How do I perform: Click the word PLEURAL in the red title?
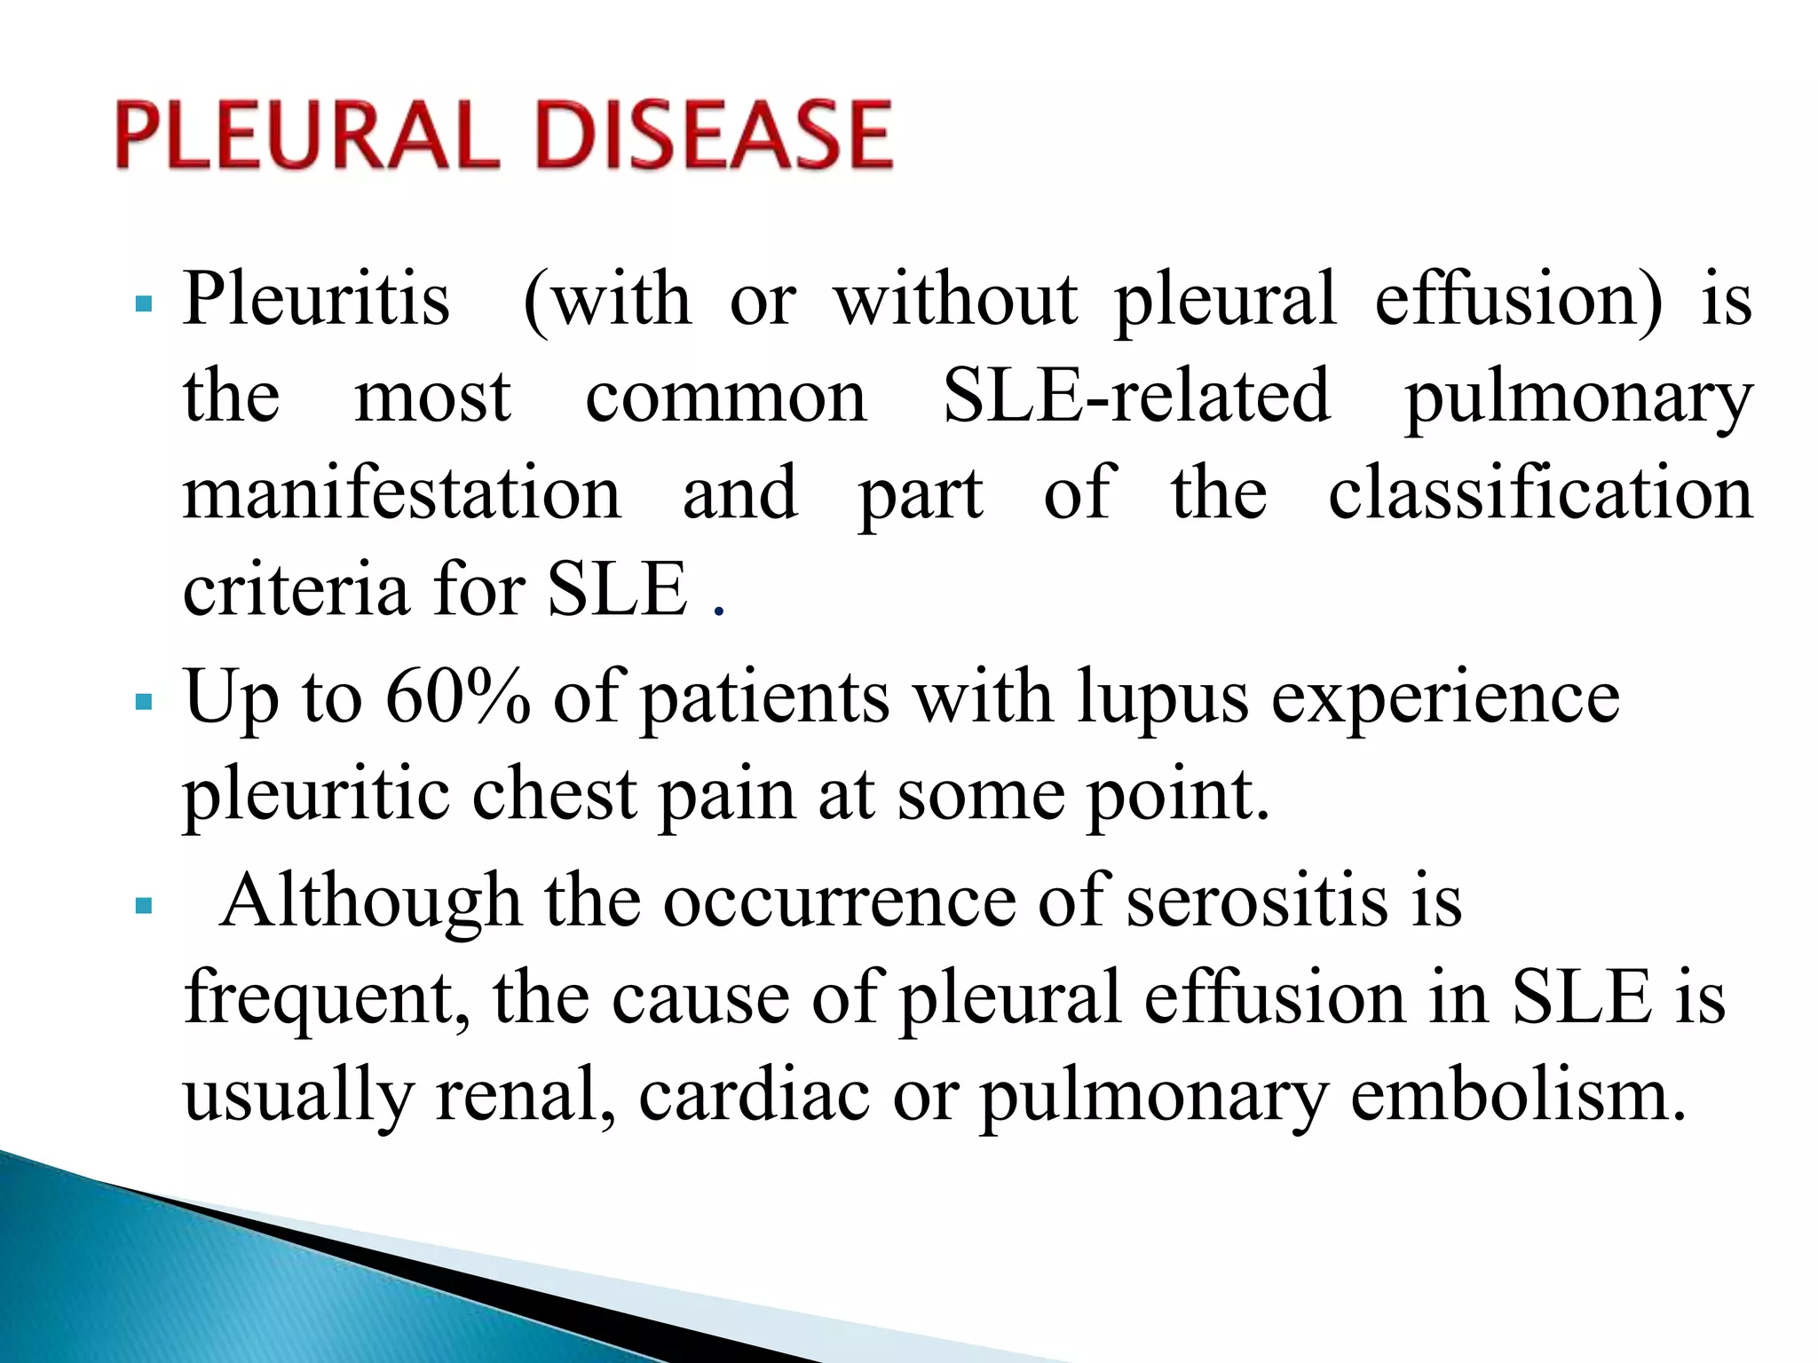[x=307, y=135]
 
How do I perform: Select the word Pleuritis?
[x=316, y=300]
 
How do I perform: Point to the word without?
[x=956, y=300]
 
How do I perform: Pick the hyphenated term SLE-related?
[x=1136, y=396]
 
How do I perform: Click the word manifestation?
[x=402, y=493]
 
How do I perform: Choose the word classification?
[x=1540, y=493]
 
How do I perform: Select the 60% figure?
[x=458, y=697]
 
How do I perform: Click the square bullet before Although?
[x=144, y=907]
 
